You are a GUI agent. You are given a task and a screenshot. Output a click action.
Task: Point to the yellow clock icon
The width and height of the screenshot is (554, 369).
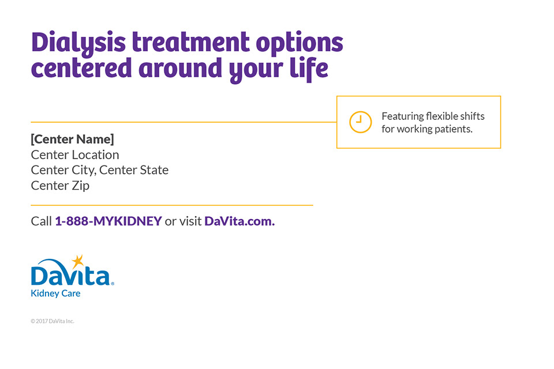pyautogui.click(x=360, y=122)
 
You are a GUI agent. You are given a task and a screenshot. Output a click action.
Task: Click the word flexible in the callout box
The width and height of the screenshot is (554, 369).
pyautogui.click(x=441, y=116)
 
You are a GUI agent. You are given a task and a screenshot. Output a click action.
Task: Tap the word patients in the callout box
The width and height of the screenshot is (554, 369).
pyautogui.click(x=454, y=129)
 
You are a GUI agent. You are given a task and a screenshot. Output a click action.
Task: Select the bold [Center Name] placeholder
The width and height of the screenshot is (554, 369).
pyautogui.click(x=73, y=139)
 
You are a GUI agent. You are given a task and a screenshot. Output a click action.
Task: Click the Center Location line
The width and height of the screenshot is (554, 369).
pyautogui.click(x=75, y=155)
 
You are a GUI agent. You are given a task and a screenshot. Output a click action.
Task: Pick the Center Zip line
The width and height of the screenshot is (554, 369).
pyautogui.click(x=60, y=186)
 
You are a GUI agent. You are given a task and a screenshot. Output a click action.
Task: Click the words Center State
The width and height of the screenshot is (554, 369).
pyautogui.click(x=134, y=170)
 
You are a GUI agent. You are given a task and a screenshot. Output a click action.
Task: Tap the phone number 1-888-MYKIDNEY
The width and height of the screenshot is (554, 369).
pyautogui.click(x=108, y=221)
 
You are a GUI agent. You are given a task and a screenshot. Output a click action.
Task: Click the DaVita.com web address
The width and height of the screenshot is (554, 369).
pyautogui.click(x=239, y=221)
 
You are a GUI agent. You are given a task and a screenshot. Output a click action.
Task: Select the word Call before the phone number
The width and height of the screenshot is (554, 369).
pyautogui.click(x=42, y=221)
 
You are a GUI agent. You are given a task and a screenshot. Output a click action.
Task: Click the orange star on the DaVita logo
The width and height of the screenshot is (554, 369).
pyautogui.click(x=78, y=261)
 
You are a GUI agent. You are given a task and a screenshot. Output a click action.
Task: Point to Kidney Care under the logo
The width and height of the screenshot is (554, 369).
pyautogui.click(x=55, y=293)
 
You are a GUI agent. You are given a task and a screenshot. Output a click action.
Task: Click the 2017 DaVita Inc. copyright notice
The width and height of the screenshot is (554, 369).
pyautogui.click(x=53, y=321)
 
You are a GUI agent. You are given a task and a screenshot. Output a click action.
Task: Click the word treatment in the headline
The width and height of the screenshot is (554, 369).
pyautogui.click(x=191, y=42)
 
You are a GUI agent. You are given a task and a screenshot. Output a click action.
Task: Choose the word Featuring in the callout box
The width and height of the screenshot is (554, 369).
pyautogui.click(x=403, y=117)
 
